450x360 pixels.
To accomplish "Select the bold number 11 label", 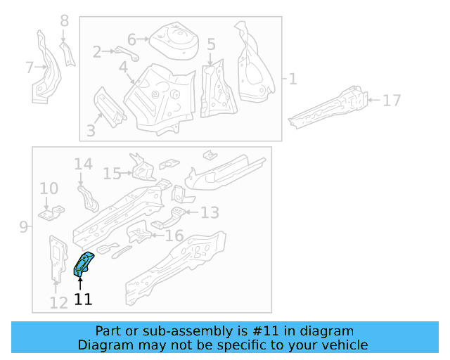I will (x=83, y=300).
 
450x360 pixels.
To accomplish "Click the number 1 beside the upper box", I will (x=292, y=79).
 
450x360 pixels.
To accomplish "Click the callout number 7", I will (x=29, y=67).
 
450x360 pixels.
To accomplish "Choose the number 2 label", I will (x=97, y=51).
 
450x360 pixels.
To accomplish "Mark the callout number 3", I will (x=90, y=130).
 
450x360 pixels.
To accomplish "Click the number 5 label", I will (x=211, y=44).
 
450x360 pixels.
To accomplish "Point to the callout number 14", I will (x=83, y=165).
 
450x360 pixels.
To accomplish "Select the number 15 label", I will (x=112, y=173).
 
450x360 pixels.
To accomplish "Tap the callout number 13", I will (x=210, y=212).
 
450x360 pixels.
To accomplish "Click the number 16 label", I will (x=174, y=236).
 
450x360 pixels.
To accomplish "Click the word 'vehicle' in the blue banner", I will (x=342, y=345).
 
